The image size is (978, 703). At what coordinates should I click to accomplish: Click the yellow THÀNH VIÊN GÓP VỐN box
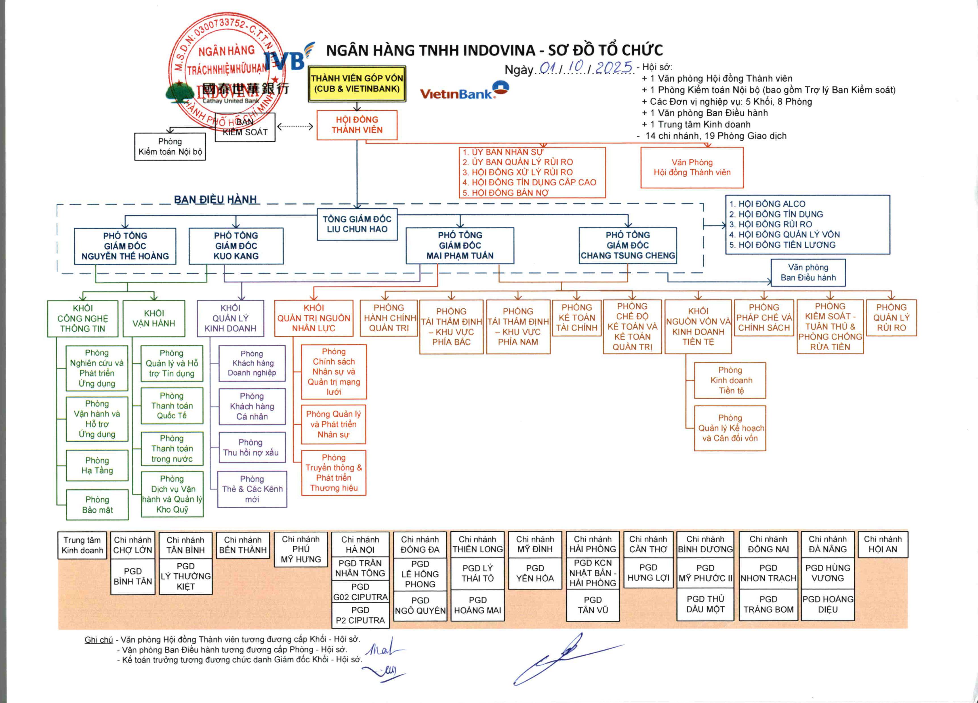[x=357, y=84]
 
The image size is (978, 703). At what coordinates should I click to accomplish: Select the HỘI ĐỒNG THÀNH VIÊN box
[x=357, y=125]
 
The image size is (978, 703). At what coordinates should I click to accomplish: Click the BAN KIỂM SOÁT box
[x=245, y=127]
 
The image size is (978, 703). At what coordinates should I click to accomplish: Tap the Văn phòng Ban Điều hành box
[x=808, y=273]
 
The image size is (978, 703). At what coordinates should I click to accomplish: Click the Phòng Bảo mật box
[x=97, y=505]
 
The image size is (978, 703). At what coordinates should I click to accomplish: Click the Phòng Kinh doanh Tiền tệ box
[x=730, y=380]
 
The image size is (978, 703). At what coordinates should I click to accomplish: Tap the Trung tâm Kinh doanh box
[x=82, y=545]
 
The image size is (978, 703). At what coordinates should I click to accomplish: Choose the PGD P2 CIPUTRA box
[x=360, y=615]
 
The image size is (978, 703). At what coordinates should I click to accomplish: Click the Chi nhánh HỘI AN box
[x=882, y=544]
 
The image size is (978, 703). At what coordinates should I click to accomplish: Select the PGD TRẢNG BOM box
[x=768, y=604]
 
